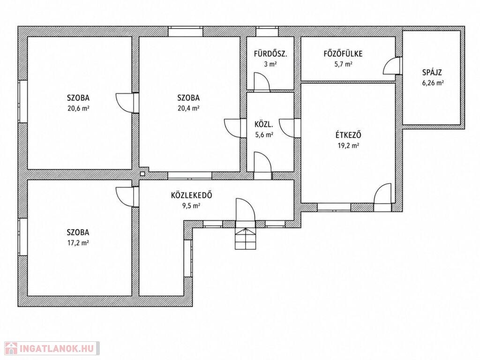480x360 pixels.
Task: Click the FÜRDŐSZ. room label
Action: coord(270,54)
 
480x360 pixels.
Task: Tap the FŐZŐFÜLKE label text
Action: coord(343,54)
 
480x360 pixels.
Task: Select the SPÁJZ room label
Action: coord(432,73)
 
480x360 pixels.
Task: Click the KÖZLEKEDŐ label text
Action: coord(192,195)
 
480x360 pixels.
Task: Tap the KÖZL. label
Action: coord(264,125)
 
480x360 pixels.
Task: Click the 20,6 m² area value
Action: coord(78,108)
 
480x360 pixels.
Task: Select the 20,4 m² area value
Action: coord(188,108)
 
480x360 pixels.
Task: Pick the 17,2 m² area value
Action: coord(78,243)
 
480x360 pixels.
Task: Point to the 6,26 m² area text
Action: coord(433,82)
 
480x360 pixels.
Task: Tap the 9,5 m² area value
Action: coord(191,206)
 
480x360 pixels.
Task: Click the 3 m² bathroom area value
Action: coord(270,64)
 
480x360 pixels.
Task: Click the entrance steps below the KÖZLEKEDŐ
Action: coord(245,238)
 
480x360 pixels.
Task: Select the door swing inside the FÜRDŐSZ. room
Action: coord(262,82)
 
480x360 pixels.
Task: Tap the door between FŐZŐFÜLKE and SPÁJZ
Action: coord(392,66)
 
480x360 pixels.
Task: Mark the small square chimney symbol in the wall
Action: coord(142,173)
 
